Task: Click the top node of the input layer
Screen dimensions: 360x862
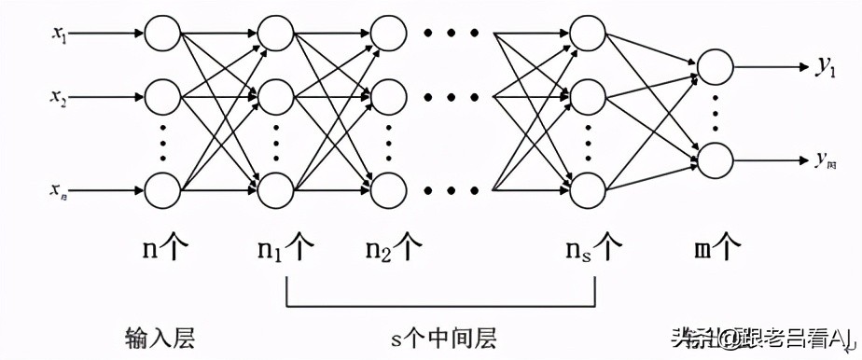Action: tap(162, 35)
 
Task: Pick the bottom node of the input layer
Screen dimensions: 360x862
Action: tap(162, 190)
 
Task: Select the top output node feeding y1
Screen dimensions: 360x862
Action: tap(716, 67)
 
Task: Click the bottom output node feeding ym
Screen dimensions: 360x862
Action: tap(716, 159)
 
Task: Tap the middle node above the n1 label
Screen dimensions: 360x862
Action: tap(276, 96)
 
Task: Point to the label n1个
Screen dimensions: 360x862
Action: tap(285, 250)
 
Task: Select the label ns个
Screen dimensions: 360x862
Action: tap(593, 250)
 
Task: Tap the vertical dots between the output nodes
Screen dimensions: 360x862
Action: tap(716, 113)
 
